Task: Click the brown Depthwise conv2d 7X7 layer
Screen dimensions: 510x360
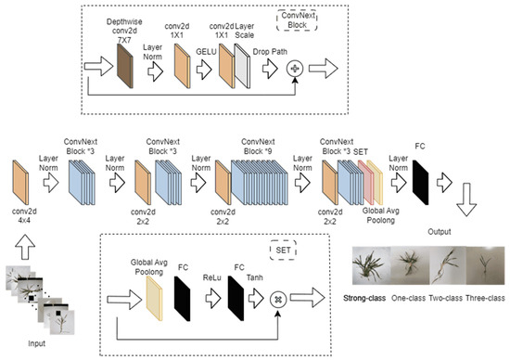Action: pyautogui.click(x=125, y=66)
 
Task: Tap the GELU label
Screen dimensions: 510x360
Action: pyautogui.click(x=206, y=52)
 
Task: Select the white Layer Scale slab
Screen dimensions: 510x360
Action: pyautogui.click(x=242, y=66)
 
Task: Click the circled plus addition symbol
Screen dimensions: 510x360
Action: pyautogui.click(x=295, y=69)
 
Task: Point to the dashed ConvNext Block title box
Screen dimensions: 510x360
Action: pyautogui.click(x=297, y=20)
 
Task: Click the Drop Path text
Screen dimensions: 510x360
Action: pyautogui.click(x=270, y=52)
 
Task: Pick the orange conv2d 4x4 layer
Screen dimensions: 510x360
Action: pyautogui.click(x=20, y=182)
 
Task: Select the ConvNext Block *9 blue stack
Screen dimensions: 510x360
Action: pyautogui.click(x=260, y=182)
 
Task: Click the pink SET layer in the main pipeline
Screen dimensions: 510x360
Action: pyautogui.click(x=366, y=182)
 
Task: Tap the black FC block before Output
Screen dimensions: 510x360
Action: pyautogui.click(x=421, y=182)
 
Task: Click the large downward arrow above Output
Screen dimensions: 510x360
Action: pyautogui.click(x=466, y=199)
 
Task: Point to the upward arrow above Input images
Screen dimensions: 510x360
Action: pyautogui.click(x=25, y=247)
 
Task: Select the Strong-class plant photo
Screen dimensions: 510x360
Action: pyautogui.click(x=372, y=265)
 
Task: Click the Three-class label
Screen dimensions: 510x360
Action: pyautogui.click(x=485, y=298)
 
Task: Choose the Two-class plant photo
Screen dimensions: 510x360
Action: pyautogui.click(x=448, y=265)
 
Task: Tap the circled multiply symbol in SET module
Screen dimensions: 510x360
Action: pyautogui.click(x=278, y=300)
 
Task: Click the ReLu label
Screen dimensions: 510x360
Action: pyautogui.click(x=212, y=277)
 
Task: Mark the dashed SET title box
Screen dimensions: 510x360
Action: pyautogui.click(x=283, y=250)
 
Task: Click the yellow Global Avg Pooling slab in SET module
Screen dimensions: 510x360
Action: pyautogui.click(x=154, y=299)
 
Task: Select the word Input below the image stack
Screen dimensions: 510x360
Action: pyautogui.click(x=37, y=343)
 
